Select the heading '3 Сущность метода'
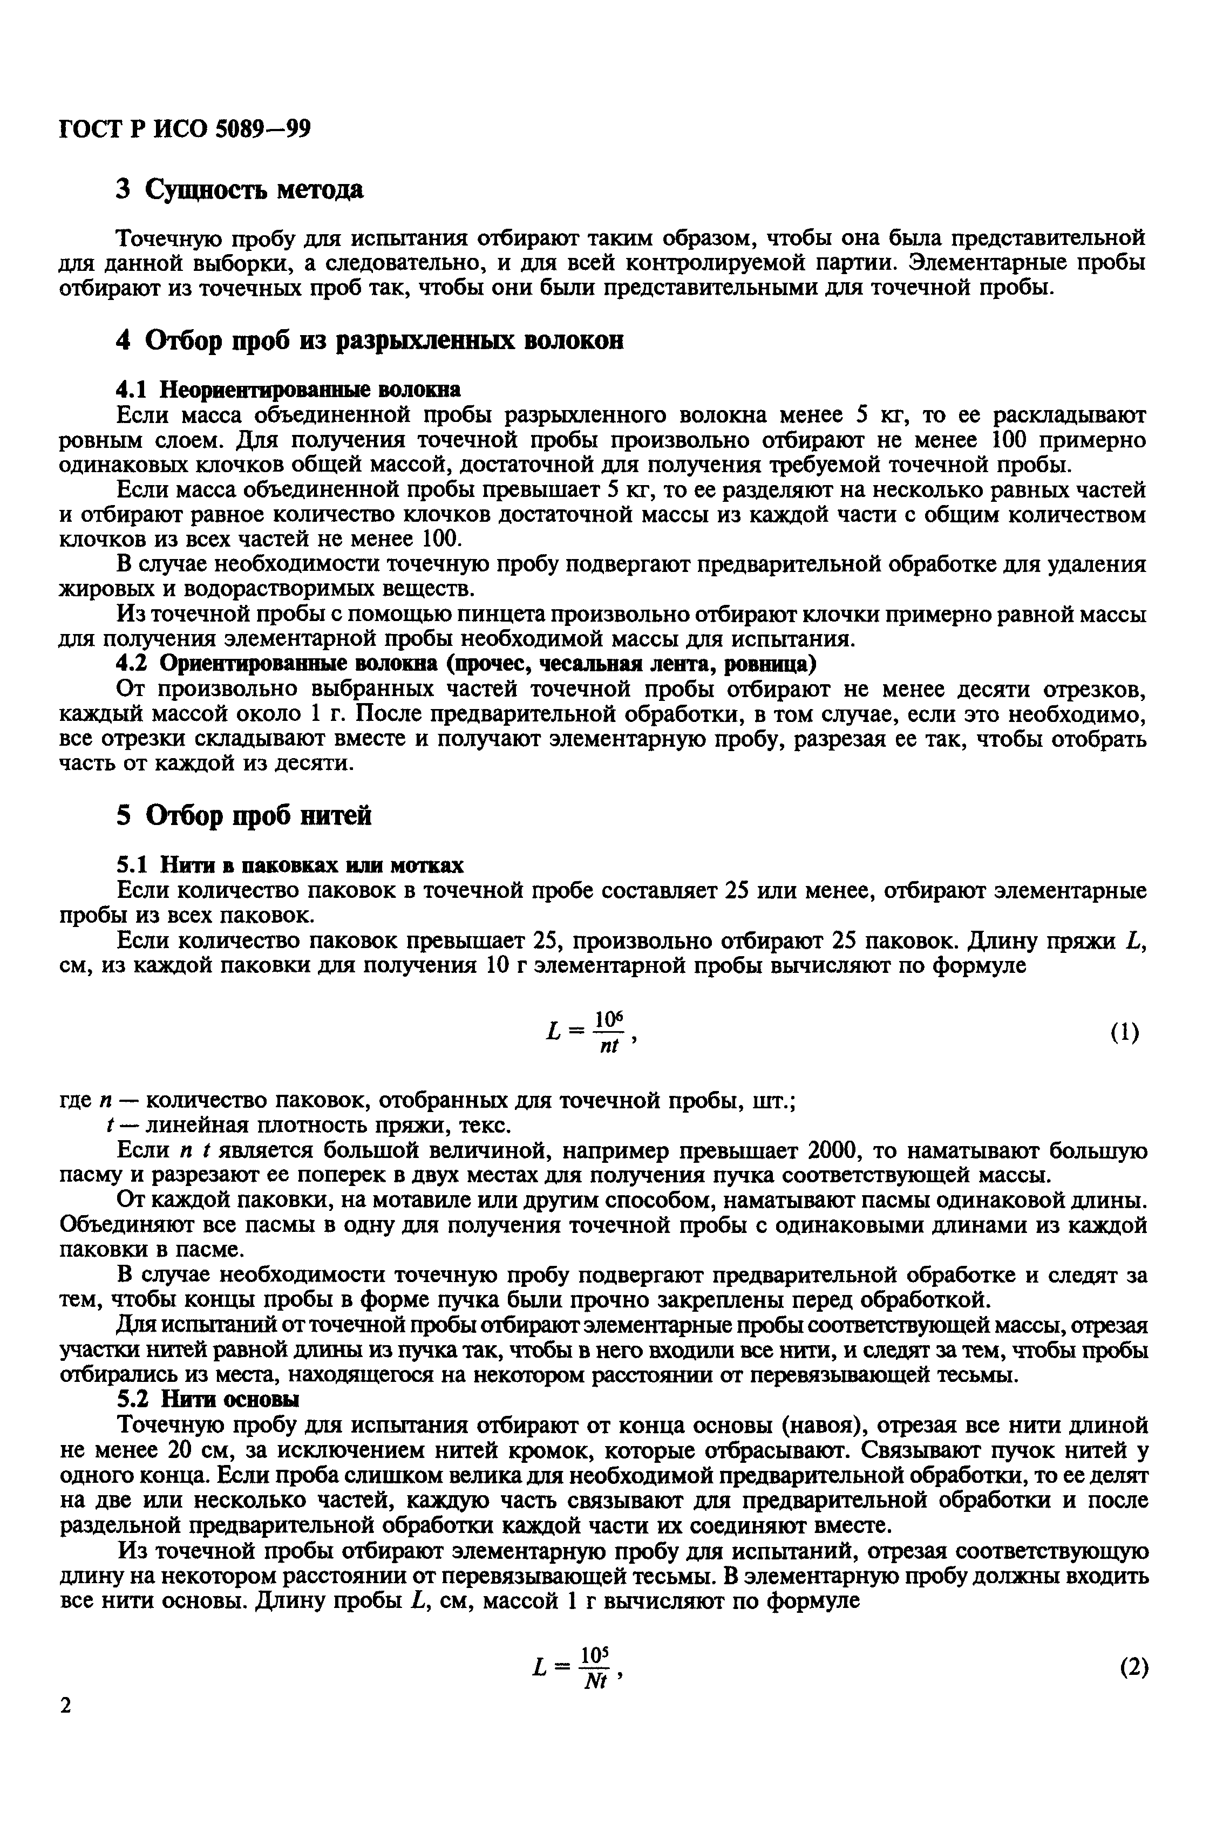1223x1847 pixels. [240, 189]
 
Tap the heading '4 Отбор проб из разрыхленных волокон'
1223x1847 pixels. [370, 340]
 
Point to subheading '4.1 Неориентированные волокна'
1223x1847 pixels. [288, 389]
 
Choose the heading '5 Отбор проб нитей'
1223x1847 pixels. [244, 815]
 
